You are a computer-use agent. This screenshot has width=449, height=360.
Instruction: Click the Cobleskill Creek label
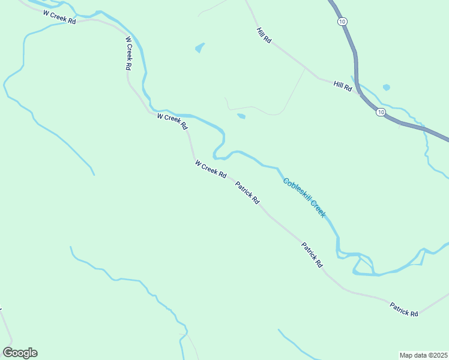click(x=304, y=198)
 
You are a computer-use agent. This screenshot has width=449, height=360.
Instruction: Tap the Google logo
click(x=20, y=353)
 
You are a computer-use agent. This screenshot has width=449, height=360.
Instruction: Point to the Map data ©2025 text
click(x=424, y=355)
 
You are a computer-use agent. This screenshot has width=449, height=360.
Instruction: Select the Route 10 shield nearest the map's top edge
click(x=342, y=22)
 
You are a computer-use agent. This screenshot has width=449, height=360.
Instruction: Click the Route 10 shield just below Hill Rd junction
click(x=381, y=112)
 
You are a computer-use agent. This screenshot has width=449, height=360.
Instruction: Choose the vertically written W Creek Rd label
click(x=128, y=54)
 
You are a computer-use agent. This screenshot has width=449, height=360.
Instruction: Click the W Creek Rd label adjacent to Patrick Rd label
click(x=210, y=169)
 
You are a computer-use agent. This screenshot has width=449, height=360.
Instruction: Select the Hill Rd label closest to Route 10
click(x=343, y=86)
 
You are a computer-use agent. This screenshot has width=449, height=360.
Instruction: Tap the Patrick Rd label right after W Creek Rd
click(x=247, y=193)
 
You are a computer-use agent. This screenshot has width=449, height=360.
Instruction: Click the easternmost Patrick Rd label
click(x=403, y=309)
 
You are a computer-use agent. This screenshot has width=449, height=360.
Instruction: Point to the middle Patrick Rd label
click(x=312, y=254)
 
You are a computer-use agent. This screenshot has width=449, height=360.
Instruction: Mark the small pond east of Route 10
click(x=386, y=87)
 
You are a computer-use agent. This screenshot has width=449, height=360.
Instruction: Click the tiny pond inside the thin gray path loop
click(x=241, y=116)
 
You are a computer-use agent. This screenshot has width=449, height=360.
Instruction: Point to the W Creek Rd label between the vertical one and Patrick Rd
click(x=172, y=121)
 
